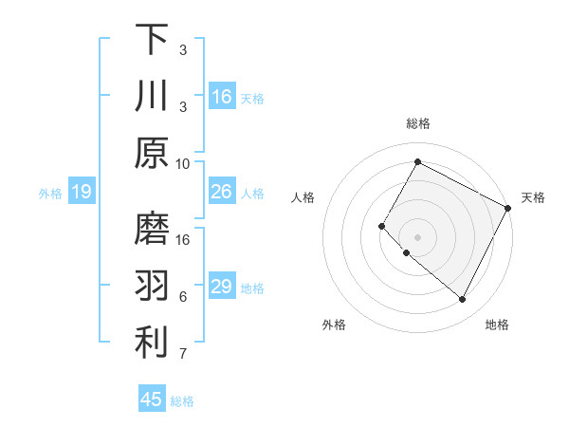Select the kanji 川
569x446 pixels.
tap(152, 96)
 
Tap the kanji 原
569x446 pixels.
tap(152, 154)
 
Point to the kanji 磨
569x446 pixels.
tap(152, 228)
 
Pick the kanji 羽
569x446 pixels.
tap(152, 285)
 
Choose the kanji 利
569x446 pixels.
tap(152, 343)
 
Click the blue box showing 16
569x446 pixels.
tap(222, 97)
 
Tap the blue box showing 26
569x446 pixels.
tap(222, 192)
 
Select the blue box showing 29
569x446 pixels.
tap(222, 287)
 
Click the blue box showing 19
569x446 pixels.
tap(81, 193)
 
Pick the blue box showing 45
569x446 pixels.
tap(152, 400)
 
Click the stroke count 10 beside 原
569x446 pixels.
tap(183, 163)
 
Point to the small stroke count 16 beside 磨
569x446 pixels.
tap(183, 239)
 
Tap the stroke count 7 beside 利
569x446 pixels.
tap(183, 355)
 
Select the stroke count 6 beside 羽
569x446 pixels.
tap(183, 297)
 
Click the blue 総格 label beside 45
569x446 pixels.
tap(182, 401)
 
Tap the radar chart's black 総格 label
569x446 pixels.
tap(418, 123)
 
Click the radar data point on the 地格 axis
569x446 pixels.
tap(463, 300)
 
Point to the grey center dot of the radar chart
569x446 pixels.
tap(417, 236)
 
